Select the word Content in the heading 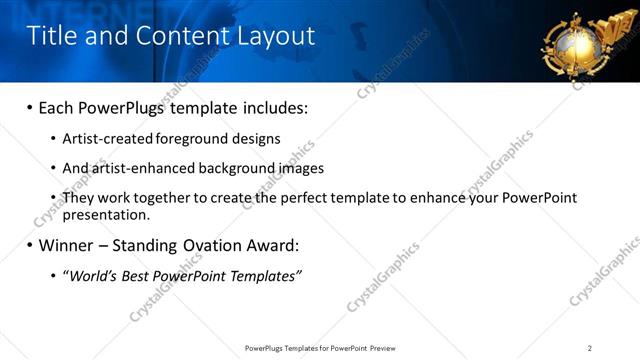click(171, 37)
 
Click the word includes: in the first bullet click(271, 107)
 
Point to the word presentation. click(106, 214)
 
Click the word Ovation click(205, 245)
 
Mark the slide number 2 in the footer click(590, 348)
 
